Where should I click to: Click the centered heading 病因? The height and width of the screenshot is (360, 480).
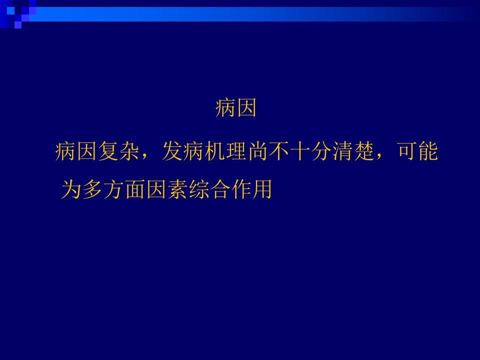pyautogui.click(x=235, y=108)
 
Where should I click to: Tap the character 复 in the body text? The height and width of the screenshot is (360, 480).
pyautogui.click(x=108, y=151)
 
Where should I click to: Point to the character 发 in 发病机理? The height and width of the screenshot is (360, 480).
pyautogui.click(x=172, y=151)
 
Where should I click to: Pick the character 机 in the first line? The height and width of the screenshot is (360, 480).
pyautogui.click(x=215, y=151)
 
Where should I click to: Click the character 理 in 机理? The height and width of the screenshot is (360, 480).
pyautogui.click(x=236, y=151)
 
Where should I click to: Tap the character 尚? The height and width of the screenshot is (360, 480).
pyautogui.click(x=258, y=151)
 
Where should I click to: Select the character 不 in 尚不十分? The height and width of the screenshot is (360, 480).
pyautogui.click(x=279, y=151)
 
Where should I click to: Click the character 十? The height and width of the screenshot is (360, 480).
pyautogui.click(x=300, y=151)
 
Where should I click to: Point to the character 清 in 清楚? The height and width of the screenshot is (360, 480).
pyautogui.click(x=343, y=151)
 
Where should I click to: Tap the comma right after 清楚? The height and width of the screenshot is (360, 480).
pyautogui.click(x=379, y=157)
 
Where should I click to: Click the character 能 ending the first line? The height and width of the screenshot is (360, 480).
pyautogui.click(x=428, y=151)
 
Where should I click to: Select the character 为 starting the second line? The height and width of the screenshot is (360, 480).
pyautogui.click(x=71, y=189)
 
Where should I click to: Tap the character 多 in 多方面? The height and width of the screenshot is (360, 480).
pyautogui.click(x=93, y=189)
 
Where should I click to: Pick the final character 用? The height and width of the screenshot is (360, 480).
pyautogui.click(x=261, y=189)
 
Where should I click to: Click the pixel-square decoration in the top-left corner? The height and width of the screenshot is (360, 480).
pyautogui.click(x=18, y=14)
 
